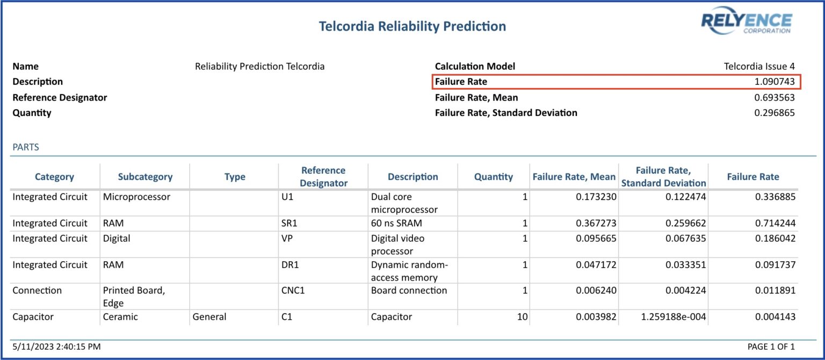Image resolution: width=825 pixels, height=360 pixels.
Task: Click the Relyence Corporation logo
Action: (746, 23)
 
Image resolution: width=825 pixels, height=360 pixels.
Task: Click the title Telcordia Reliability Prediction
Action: (412, 26)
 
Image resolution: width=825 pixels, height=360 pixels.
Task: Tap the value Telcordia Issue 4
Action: (759, 67)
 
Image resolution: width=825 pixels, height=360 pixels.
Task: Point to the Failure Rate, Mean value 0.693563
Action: (774, 97)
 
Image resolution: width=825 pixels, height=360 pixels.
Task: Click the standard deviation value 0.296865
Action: (774, 113)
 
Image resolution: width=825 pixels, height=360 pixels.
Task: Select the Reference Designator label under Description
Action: (60, 97)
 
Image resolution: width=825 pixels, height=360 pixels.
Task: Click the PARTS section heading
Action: (26, 147)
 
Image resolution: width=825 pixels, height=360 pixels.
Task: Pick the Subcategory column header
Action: (145, 177)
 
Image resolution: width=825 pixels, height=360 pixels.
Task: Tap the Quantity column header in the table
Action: (493, 177)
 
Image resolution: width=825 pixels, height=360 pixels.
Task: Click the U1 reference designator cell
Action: (287, 197)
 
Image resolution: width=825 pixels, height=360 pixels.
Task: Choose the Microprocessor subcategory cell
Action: (136, 197)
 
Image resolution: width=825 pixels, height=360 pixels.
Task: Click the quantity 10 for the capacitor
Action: (522, 317)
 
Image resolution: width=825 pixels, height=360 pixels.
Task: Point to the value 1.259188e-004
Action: (672, 317)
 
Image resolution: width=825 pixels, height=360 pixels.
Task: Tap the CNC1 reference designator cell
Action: (293, 291)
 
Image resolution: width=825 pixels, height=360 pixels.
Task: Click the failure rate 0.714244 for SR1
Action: (774, 224)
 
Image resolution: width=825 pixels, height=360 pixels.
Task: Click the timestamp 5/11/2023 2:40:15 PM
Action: (56, 347)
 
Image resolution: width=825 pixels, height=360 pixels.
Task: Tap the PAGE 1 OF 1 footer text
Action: (771, 347)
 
